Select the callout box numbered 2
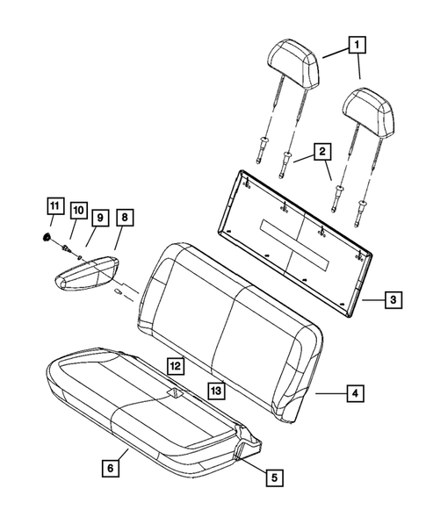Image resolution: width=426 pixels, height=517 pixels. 324,153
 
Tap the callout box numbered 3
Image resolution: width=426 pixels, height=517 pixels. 394,300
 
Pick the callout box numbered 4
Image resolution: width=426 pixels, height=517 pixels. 356,393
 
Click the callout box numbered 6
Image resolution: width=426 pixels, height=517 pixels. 110,470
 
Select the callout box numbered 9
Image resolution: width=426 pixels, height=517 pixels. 99,216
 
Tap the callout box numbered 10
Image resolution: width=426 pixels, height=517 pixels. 77,211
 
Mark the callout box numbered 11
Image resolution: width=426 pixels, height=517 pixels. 54,207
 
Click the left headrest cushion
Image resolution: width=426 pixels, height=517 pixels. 293,59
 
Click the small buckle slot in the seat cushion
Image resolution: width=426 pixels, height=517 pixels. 176,394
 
